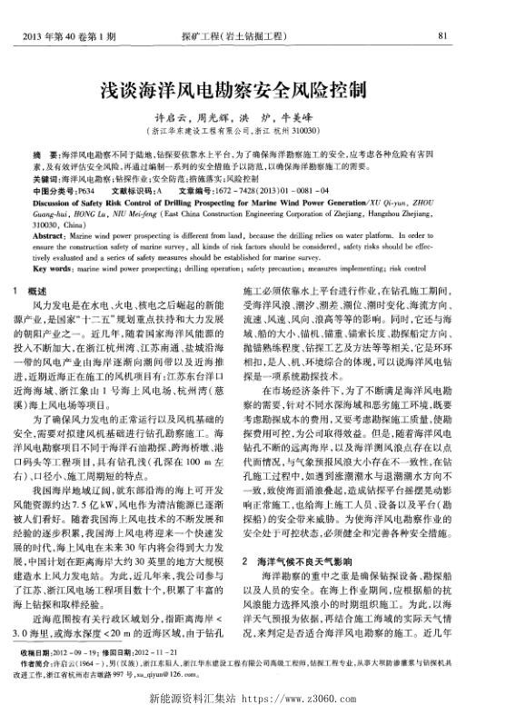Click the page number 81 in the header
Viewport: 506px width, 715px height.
click(x=442, y=36)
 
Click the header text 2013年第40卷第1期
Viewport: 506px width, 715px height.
click(x=68, y=37)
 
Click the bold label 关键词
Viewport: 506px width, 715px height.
click(x=45, y=180)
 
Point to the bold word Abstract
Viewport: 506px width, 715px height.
click(x=47, y=233)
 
